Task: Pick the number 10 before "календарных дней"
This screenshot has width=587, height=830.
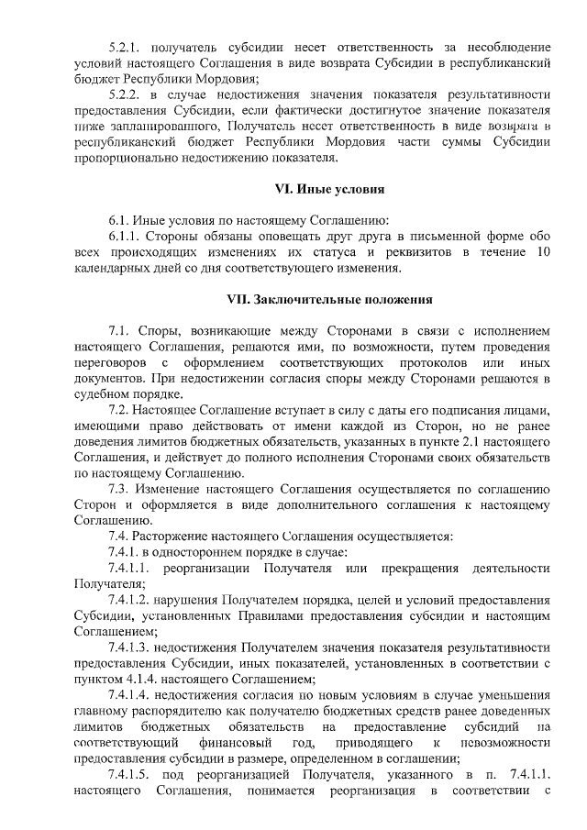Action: pos(543,252)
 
